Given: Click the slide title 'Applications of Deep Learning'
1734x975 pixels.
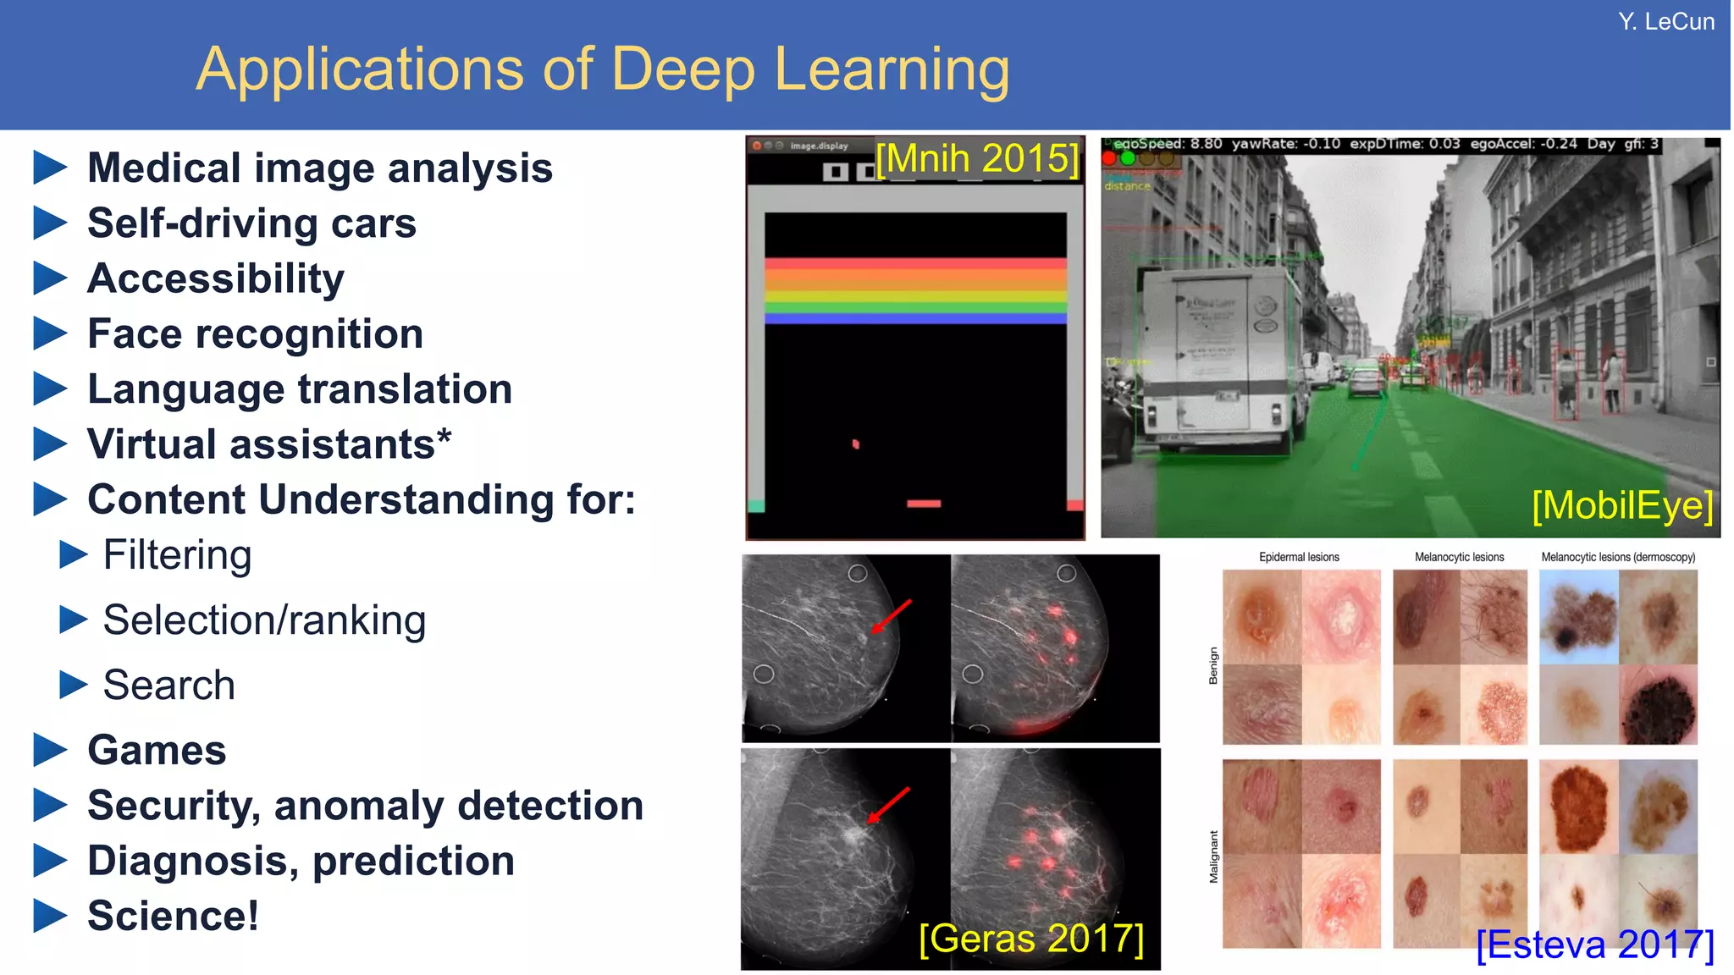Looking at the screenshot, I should click(602, 69).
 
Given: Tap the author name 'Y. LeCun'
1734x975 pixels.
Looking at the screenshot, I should click(1665, 21).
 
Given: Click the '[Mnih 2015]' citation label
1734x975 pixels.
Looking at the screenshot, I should click(977, 158).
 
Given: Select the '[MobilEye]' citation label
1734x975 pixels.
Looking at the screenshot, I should click(1622, 505).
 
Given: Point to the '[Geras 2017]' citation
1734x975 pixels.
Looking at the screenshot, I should click(1031, 939).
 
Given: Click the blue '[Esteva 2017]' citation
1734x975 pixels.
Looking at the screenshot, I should click(1595, 945).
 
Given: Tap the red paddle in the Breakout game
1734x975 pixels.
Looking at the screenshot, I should click(923, 504).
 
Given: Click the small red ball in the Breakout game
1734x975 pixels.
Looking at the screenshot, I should click(855, 443).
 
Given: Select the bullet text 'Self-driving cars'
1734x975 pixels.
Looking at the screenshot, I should click(251, 223).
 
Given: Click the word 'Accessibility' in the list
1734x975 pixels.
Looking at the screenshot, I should click(216, 278).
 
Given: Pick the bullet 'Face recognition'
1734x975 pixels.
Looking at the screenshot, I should click(255, 333).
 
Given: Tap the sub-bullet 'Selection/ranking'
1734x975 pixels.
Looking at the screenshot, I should click(264, 620).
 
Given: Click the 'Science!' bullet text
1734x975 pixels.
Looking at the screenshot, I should click(173, 916).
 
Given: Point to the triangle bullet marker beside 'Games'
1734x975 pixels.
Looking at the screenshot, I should click(50, 750).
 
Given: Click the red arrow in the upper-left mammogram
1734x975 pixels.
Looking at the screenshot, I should click(892, 616).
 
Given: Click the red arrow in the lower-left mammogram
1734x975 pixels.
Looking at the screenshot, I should click(888, 805).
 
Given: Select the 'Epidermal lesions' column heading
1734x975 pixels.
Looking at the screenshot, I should click(1299, 557).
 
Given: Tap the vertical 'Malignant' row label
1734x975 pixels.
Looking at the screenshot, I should click(1213, 857).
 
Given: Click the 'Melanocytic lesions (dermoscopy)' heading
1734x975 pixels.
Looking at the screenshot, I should click(1618, 557).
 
